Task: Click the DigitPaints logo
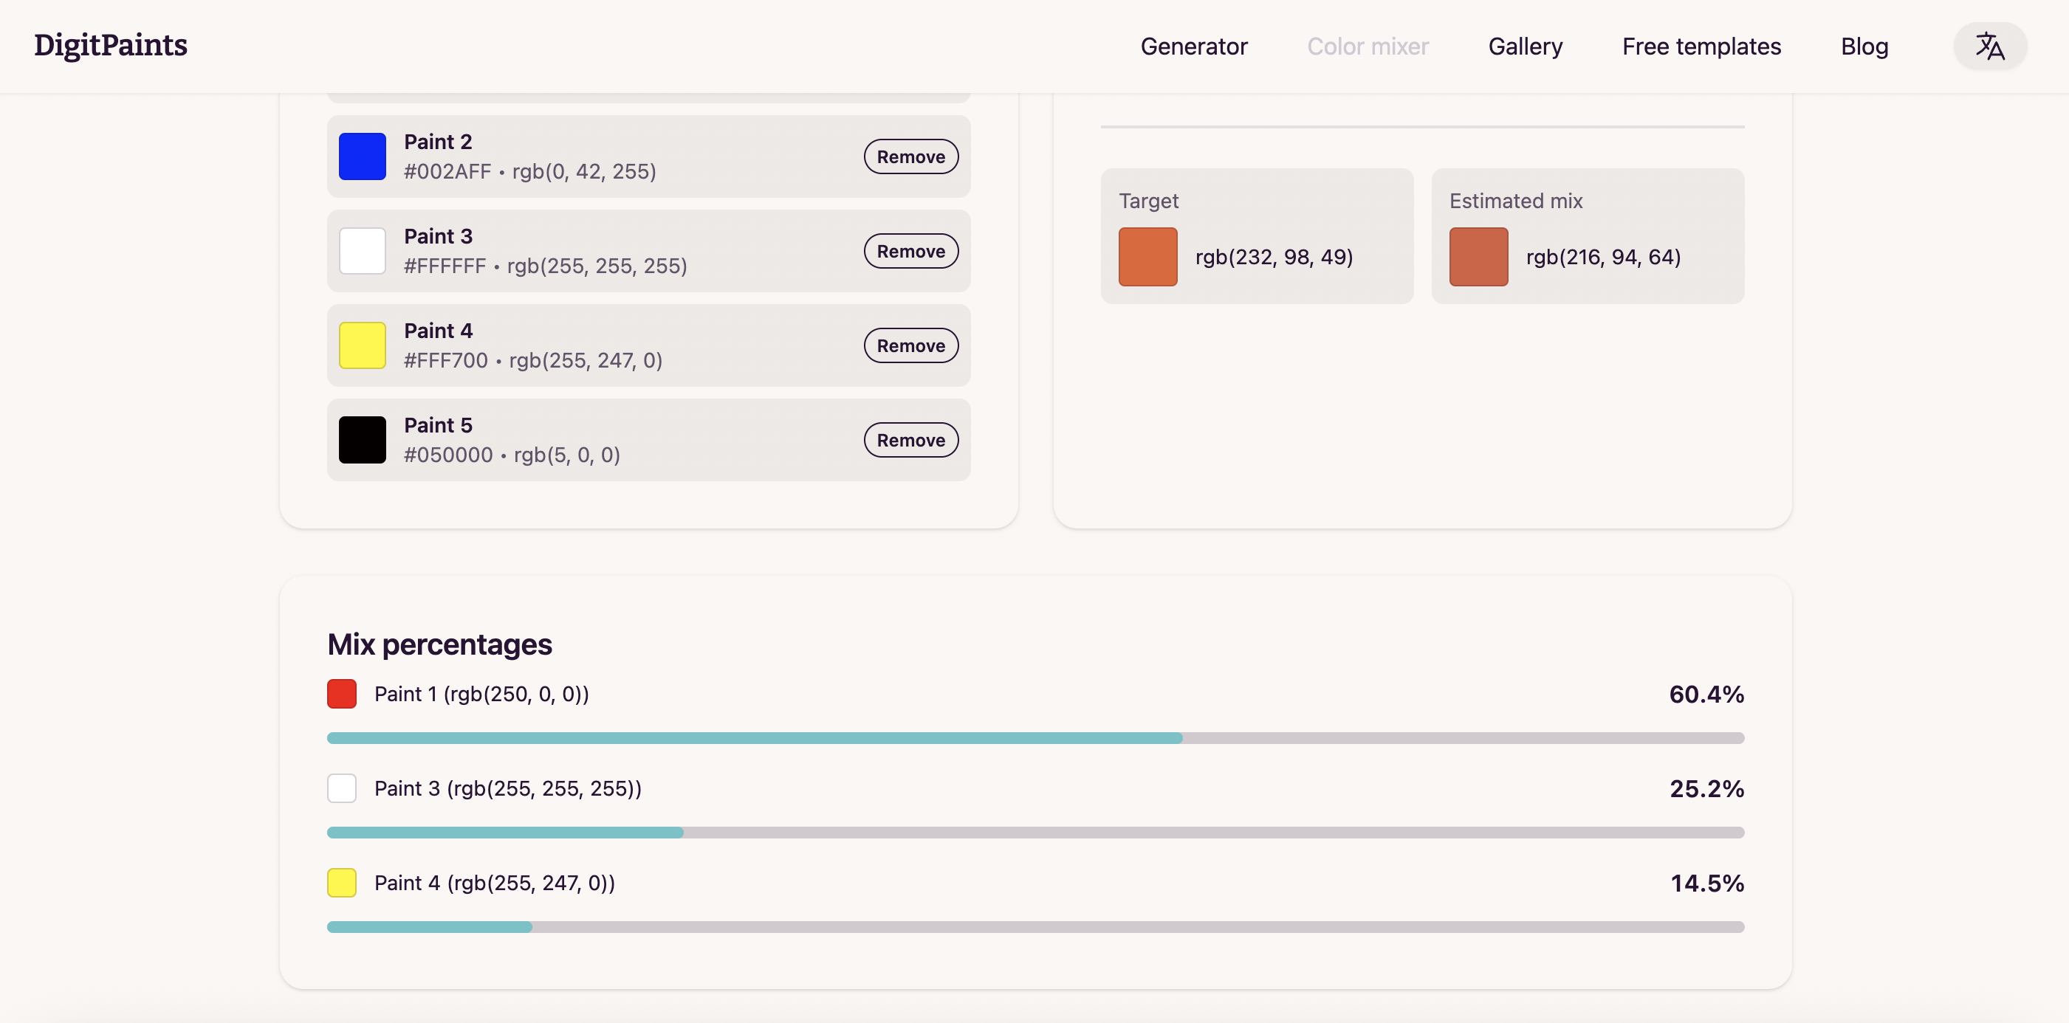pos(111,46)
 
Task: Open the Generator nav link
pos(1193,46)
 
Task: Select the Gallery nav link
pos(1525,46)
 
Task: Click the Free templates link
pos(1701,46)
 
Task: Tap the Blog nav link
pos(1864,46)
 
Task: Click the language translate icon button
pos(1989,46)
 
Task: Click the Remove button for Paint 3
pos(910,252)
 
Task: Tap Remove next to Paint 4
pos(910,346)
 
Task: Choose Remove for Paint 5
pos(910,440)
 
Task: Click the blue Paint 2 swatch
pos(363,156)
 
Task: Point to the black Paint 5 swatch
pos(363,440)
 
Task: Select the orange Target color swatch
pos(1147,257)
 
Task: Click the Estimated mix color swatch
pos(1478,257)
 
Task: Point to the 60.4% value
pos(1706,694)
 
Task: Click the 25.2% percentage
pos(1706,788)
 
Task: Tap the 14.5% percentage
pos(1706,883)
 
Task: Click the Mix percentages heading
pos(439,644)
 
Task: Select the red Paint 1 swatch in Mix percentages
pos(341,694)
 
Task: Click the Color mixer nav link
pos(1367,46)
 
